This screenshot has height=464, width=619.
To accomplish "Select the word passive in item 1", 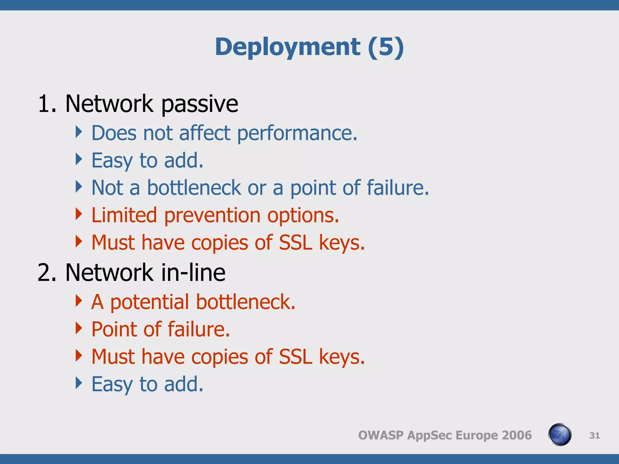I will tap(199, 104).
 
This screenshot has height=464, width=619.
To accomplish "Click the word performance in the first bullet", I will tap(297, 133).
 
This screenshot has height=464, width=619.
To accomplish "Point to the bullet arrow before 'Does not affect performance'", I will tap(79, 132).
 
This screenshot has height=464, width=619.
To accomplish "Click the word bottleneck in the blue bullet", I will tap(194, 188).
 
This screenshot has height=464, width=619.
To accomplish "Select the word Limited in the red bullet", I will tap(124, 215).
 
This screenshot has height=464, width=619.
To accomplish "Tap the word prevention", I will tap(212, 216).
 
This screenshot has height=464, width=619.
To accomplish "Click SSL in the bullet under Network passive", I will tap(295, 243).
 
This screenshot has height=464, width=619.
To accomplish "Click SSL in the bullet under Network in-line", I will tap(295, 357).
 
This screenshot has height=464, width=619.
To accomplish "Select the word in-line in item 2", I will tap(193, 272).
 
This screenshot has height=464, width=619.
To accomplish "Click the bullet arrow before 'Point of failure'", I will tap(79, 328).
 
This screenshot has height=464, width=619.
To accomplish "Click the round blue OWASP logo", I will tap(559, 435).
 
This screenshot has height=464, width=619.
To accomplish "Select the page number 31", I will tap(595, 435).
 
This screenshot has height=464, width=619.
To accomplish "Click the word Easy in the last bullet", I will tap(112, 385).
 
